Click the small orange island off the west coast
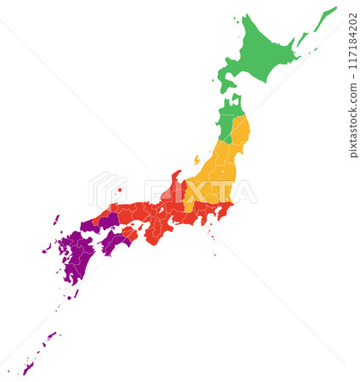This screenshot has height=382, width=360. click(x=197, y=159)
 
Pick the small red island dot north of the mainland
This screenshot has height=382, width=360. click(x=121, y=189)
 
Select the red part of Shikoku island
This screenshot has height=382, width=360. click(x=127, y=233)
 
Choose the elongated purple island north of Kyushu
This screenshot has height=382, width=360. click(x=56, y=220)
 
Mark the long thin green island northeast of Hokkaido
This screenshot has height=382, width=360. click(x=325, y=19)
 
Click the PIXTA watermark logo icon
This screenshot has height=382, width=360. click(x=105, y=188)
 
